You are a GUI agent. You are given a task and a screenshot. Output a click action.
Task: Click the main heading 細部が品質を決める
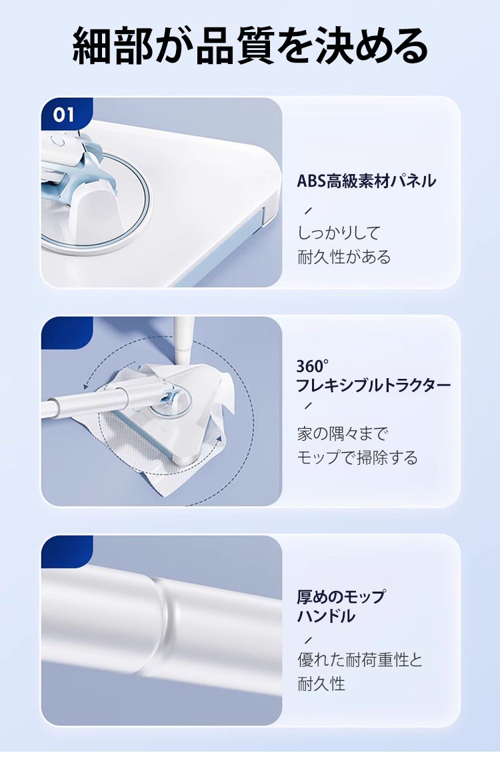250,47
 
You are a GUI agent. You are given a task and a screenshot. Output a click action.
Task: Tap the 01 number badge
65,115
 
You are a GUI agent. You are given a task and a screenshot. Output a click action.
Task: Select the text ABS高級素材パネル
367,181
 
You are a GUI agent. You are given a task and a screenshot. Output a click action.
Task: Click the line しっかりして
339,233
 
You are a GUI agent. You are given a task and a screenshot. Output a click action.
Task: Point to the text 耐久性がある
344,257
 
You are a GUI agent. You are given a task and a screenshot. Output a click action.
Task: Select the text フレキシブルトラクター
373,386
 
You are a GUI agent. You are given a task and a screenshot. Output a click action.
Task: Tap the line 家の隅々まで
343,434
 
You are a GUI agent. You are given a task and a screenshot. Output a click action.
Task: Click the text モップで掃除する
357,457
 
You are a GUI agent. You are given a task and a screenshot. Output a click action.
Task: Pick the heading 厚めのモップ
341,596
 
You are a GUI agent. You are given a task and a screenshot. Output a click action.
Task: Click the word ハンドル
326,616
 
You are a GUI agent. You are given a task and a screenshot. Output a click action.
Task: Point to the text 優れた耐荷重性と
360,660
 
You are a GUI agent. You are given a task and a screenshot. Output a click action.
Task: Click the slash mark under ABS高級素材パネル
307,211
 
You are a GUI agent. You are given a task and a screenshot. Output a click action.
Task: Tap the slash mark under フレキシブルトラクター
307,406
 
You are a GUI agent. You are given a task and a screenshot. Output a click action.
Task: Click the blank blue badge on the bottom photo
67,552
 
